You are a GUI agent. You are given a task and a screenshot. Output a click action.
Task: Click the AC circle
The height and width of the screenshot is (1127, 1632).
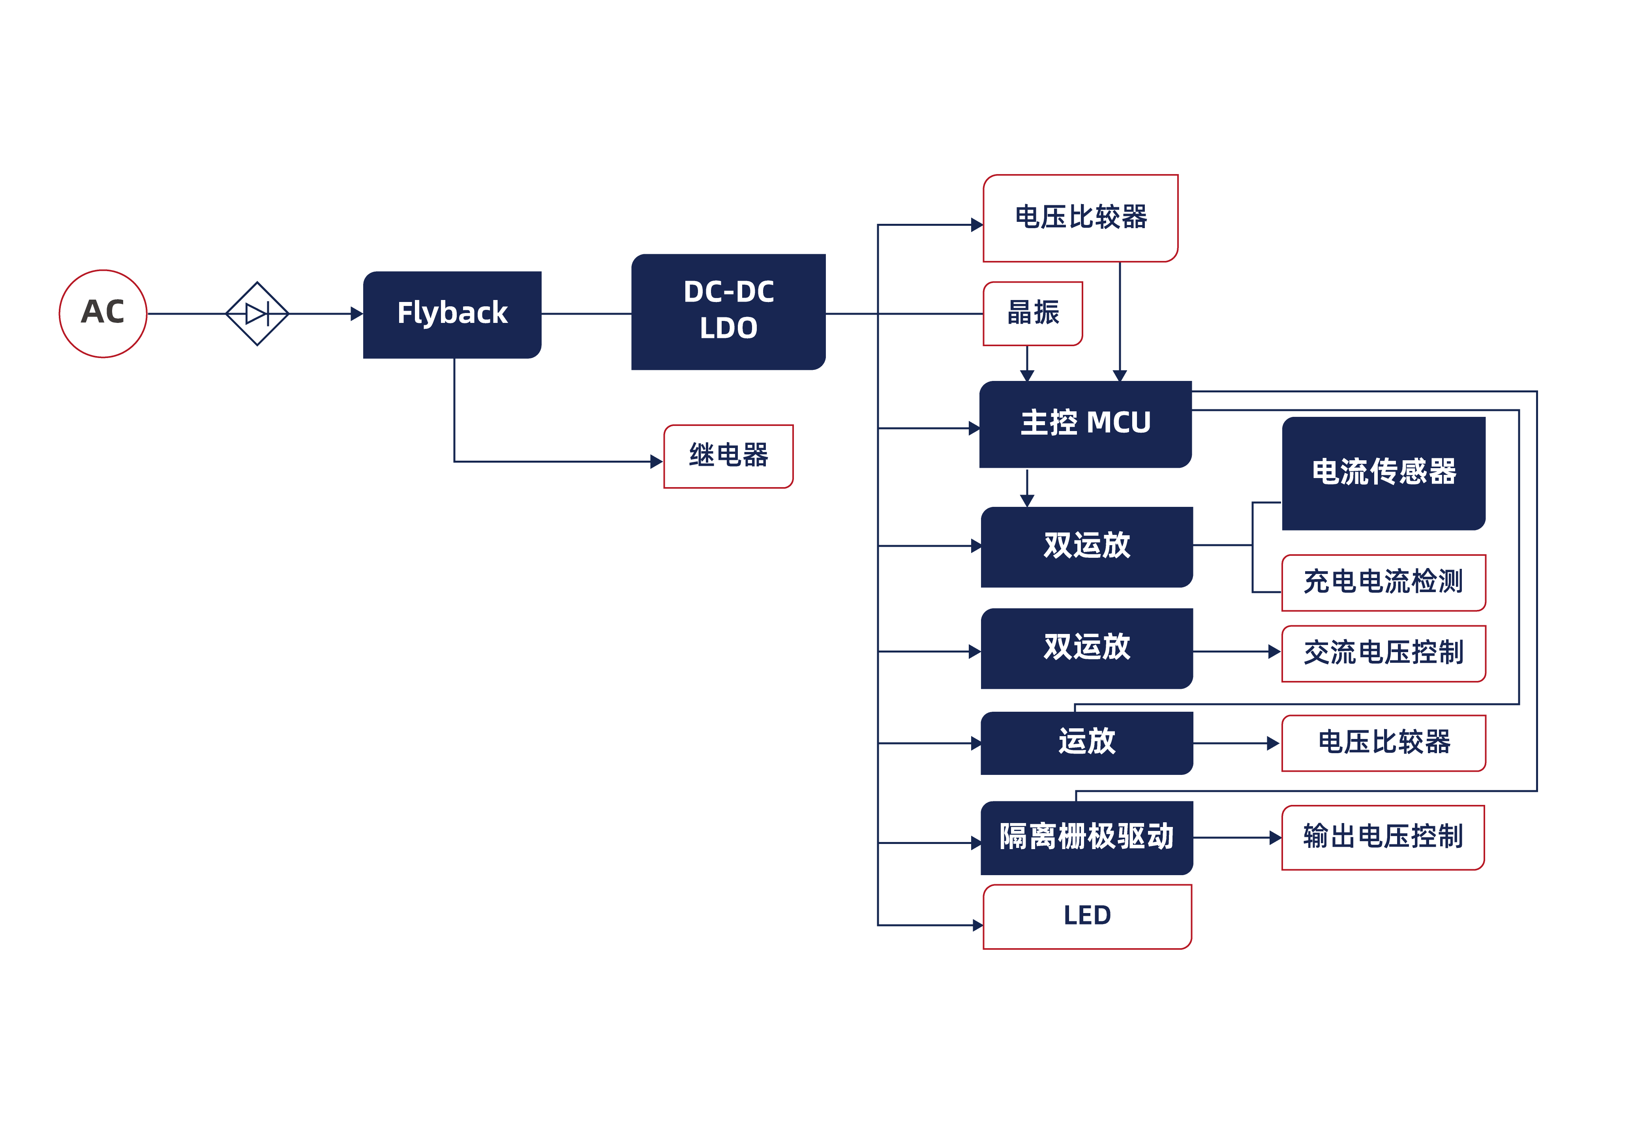click(x=103, y=313)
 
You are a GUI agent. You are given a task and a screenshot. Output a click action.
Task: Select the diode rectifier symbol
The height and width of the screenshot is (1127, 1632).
click(x=257, y=313)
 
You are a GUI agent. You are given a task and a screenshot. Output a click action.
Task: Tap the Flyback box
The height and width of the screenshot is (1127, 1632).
click(x=452, y=314)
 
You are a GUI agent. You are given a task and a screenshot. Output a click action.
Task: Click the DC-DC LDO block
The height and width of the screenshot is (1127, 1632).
click(x=728, y=311)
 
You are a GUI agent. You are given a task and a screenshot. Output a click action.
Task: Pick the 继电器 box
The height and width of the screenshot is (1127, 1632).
click(x=728, y=456)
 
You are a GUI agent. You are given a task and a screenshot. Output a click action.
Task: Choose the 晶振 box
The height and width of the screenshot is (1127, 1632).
click(x=1032, y=313)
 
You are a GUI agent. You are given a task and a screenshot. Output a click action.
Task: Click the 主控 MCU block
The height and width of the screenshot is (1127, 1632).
click(x=1085, y=424)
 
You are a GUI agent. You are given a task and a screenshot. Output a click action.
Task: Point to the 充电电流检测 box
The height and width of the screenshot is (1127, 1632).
click(x=1383, y=583)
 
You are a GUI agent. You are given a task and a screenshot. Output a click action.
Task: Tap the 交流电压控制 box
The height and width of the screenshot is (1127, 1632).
click(x=1383, y=653)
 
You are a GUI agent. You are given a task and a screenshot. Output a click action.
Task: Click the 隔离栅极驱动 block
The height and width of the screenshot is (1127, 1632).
click(x=1086, y=838)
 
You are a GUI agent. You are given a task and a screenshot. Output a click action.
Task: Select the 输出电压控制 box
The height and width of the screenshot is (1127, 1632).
click(x=1383, y=838)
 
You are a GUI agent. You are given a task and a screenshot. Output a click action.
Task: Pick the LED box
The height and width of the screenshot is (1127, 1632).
click(x=1087, y=917)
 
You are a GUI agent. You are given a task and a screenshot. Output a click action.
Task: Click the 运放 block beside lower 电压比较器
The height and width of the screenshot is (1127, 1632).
click(x=1086, y=743)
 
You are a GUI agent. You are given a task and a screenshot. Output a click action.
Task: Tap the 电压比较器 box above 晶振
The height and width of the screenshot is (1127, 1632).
click(x=1080, y=218)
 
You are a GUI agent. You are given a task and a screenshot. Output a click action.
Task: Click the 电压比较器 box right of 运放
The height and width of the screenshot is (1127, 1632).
click(x=1383, y=743)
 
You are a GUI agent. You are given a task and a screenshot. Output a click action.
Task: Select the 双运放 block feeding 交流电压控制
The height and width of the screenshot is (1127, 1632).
click(x=1086, y=648)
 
